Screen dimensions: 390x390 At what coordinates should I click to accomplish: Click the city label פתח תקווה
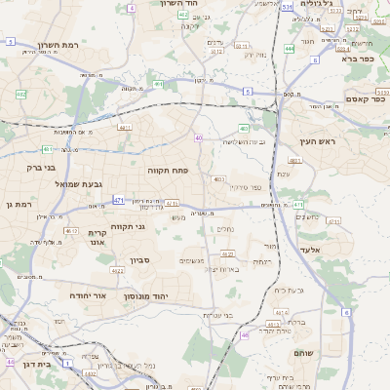(168, 170)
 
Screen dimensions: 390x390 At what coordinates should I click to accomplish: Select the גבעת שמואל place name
(64, 184)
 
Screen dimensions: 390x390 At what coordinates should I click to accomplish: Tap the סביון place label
(140, 260)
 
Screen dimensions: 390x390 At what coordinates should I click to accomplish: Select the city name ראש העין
(318, 142)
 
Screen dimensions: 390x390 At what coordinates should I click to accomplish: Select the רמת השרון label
(58, 46)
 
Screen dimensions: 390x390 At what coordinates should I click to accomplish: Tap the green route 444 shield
(290, 47)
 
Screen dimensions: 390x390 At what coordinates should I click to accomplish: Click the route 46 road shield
(244, 334)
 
